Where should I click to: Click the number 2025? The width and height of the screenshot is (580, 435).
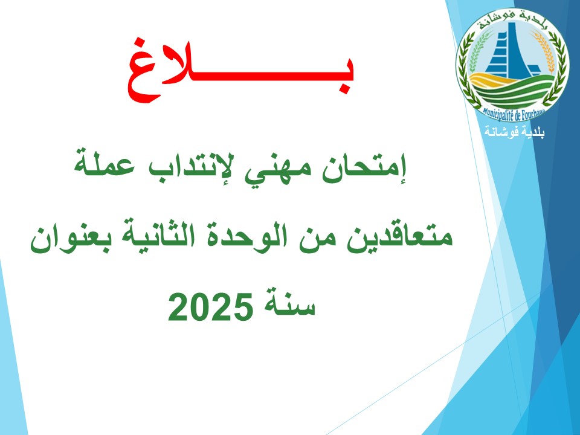(211, 307)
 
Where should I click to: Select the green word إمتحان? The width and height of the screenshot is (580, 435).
(364, 169)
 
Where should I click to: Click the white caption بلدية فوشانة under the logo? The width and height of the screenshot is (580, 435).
(515, 132)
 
